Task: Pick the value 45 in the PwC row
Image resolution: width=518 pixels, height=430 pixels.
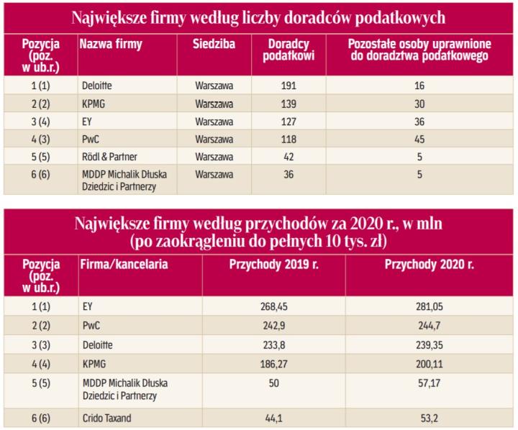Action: click(x=419, y=137)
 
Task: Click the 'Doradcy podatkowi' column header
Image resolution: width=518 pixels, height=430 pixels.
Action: click(x=288, y=50)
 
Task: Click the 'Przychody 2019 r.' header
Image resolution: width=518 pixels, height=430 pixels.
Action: click(x=273, y=265)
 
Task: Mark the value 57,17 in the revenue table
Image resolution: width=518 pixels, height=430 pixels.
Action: click(x=430, y=388)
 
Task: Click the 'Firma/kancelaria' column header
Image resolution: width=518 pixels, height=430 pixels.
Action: click(x=124, y=265)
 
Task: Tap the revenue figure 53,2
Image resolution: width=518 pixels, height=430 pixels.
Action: click(x=430, y=418)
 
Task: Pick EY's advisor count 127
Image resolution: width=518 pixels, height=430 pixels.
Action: click(x=288, y=120)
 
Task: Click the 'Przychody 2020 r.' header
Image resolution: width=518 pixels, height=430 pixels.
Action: click(x=430, y=265)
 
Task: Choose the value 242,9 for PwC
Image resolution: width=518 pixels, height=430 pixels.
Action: click(x=273, y=325)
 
